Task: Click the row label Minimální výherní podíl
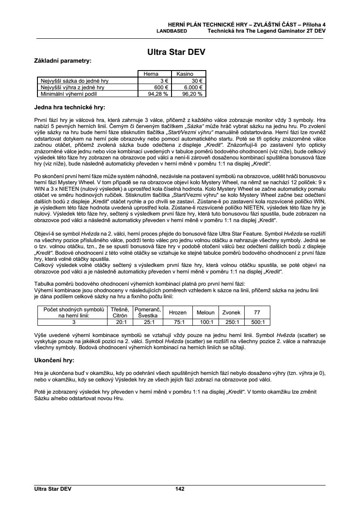click(68, 93)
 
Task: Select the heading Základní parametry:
click(63, 61)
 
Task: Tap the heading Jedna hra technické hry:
click(70, 107)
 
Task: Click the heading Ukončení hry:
click(54, 361)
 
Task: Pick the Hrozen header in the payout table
click(177, 313)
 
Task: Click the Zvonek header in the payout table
click(231, 313)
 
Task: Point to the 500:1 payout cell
click(258, 323)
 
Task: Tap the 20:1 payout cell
click(120, 323)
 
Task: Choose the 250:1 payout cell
click(231, 323)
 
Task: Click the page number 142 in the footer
click(180, 489)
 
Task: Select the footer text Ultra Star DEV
click(53, 489)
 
